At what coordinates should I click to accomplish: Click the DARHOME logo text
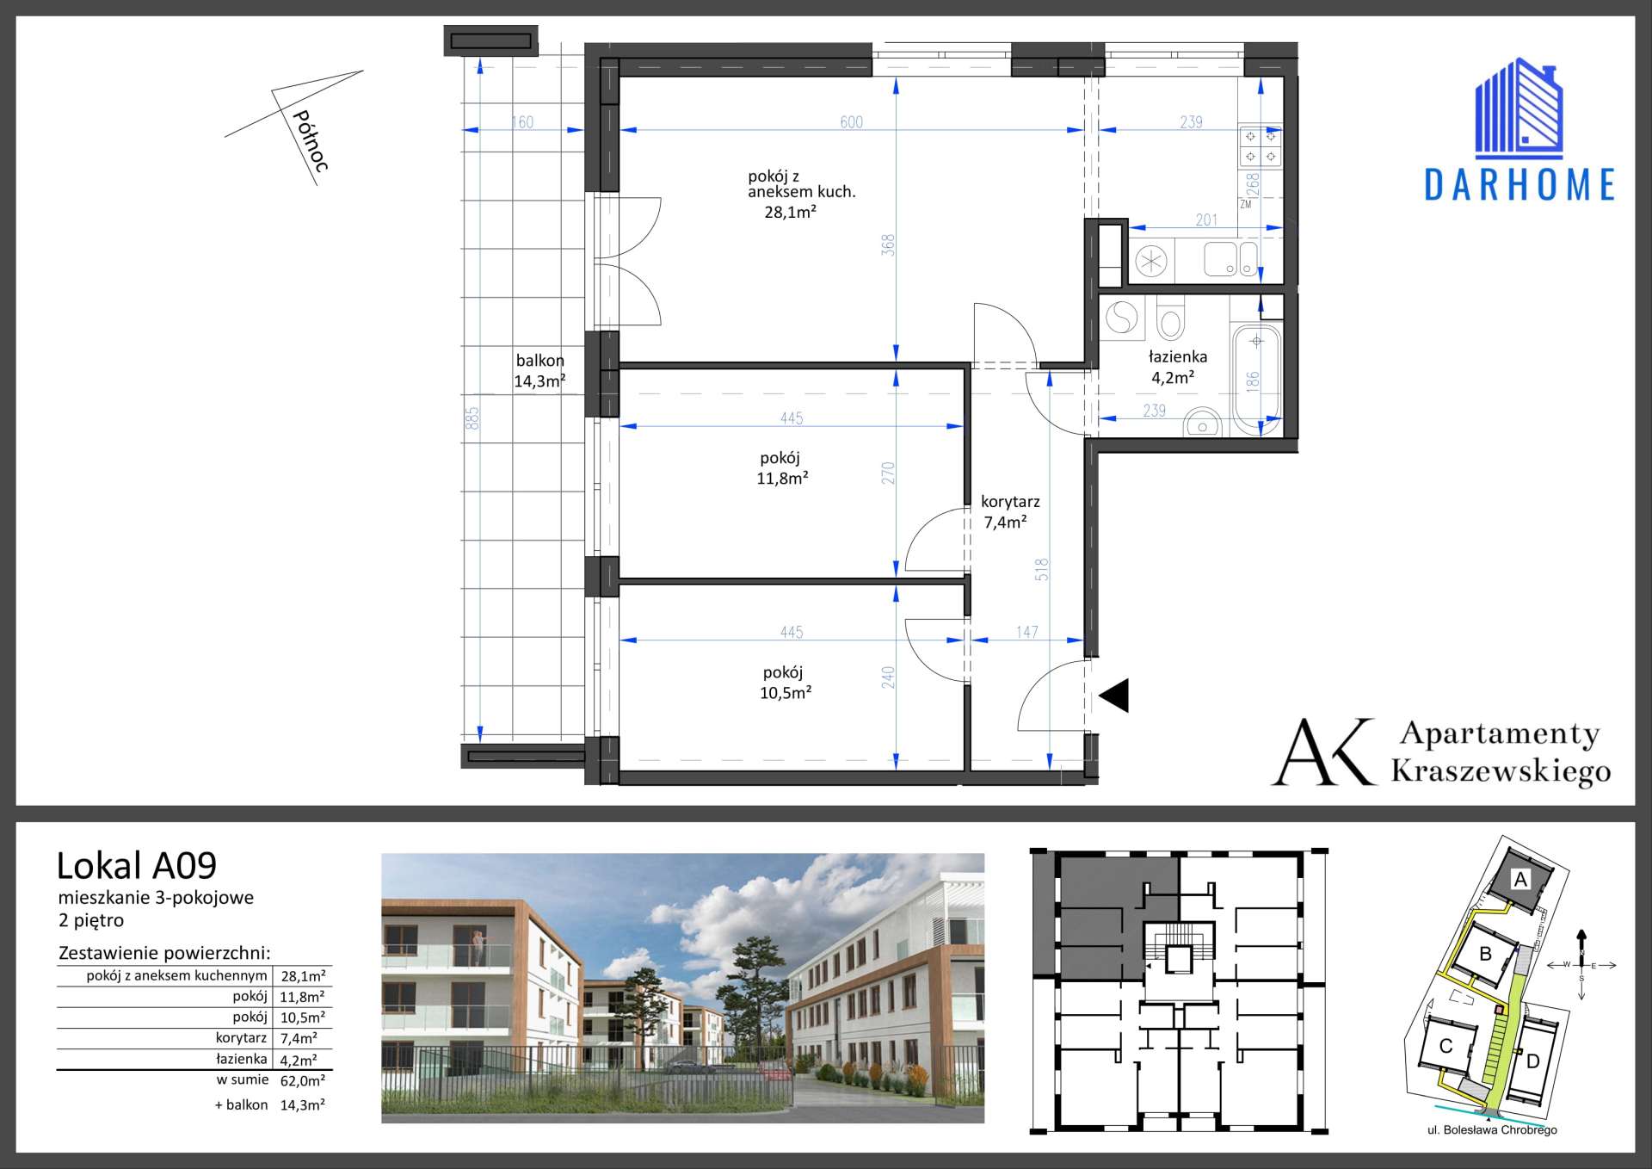1519,185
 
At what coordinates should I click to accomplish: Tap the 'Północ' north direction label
311,141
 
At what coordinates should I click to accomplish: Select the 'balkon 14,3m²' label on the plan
539,371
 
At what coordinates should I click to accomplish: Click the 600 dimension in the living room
851,122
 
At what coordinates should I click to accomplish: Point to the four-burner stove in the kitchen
1261,146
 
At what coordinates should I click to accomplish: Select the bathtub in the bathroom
1257,380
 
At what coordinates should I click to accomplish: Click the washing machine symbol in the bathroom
1121,319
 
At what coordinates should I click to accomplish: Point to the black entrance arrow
1114,696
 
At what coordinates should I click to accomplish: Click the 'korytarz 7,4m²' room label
1009,511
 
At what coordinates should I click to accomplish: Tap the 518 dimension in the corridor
1042,570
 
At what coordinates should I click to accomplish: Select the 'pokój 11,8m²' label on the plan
781,468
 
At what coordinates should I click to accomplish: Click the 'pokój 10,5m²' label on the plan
785,683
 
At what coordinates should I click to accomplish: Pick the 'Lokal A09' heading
137,865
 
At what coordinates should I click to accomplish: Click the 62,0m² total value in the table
303,1081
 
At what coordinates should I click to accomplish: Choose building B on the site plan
1485,954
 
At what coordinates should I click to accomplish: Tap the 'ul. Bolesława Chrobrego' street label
1492,1130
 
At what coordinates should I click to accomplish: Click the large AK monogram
1325,751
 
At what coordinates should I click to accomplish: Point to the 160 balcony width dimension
522,122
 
